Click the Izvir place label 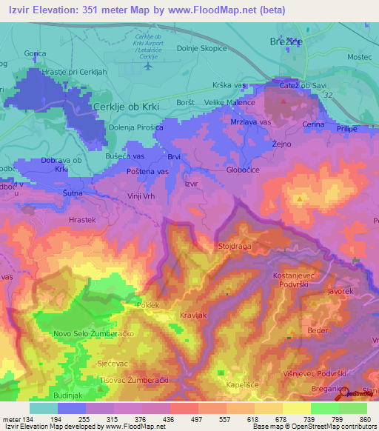click(x=192, y=182)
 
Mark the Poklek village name click(x=149, y=305)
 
